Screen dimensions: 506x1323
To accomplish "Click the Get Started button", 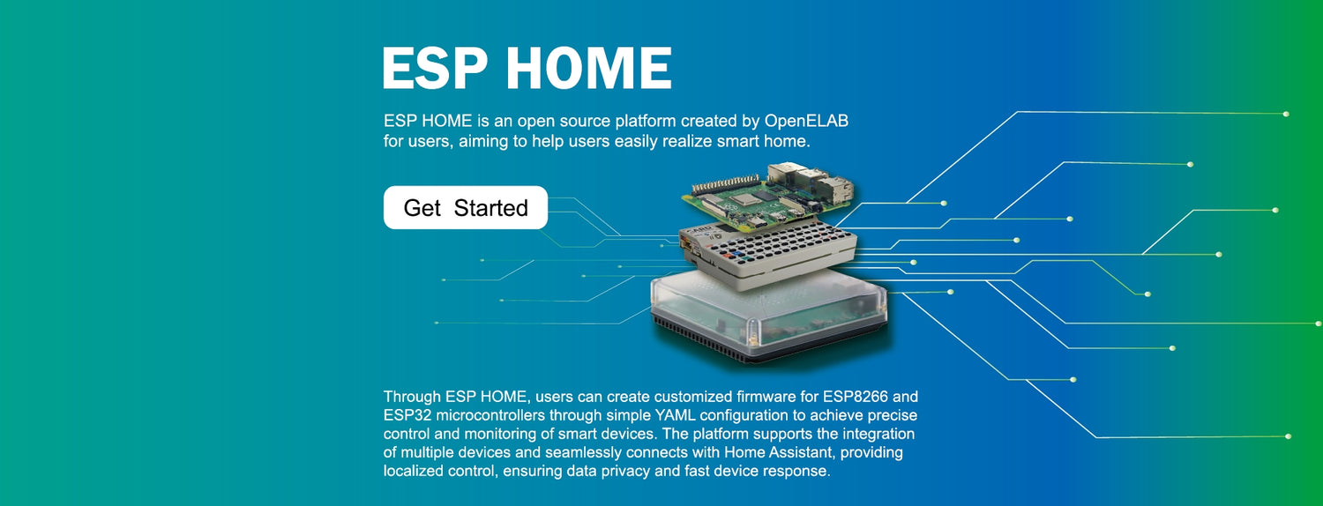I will click(x=465, y=208).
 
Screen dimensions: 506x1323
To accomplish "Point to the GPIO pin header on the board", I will click(x=723, y=182).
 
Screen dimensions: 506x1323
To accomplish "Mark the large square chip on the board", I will click(x=745, y=198).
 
